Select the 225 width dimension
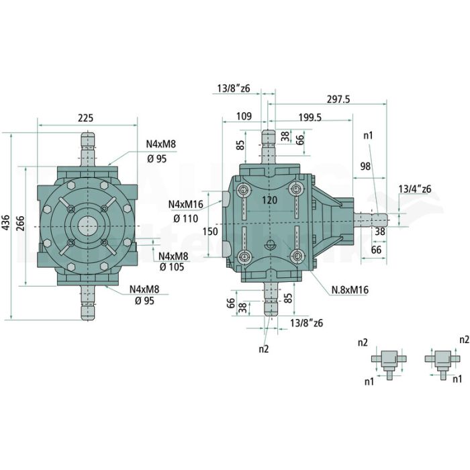[85, 117]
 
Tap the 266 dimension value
[21, 222]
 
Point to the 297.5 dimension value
[338, 99]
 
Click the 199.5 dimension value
[310, 117]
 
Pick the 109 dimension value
[244, 116]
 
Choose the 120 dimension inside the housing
[269, 200]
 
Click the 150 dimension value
[210, 232]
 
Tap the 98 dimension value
[365, 166]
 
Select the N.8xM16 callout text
[350, 290]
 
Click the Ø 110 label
[185, 219]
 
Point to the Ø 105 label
[172, 267]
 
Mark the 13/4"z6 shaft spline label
[415, 189]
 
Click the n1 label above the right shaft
[368, 136]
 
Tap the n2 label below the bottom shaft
[264, 349]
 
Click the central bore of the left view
[87, 226]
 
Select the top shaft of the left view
[88, 149]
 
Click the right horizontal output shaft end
[371, 220]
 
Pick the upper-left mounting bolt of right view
[243, 190]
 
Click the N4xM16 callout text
[185, 205]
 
